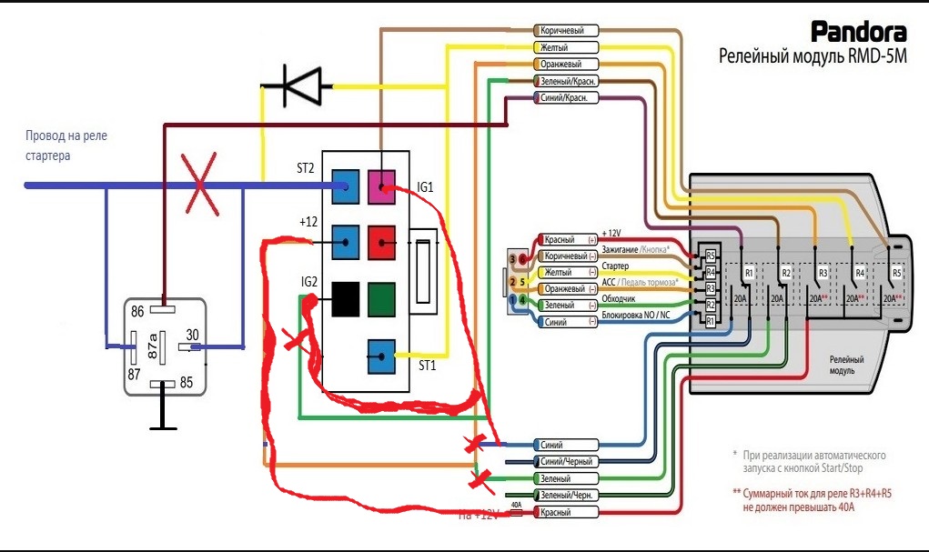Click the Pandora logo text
(x=858, y=33)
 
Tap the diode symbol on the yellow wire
(x=297, y=85)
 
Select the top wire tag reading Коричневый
(x=563, y=30)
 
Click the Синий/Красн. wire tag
(x=563, y=97)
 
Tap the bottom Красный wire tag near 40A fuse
(x=563, y=513)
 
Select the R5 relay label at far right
(x=896, y=273)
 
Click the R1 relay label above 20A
(x=750, y=273)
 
